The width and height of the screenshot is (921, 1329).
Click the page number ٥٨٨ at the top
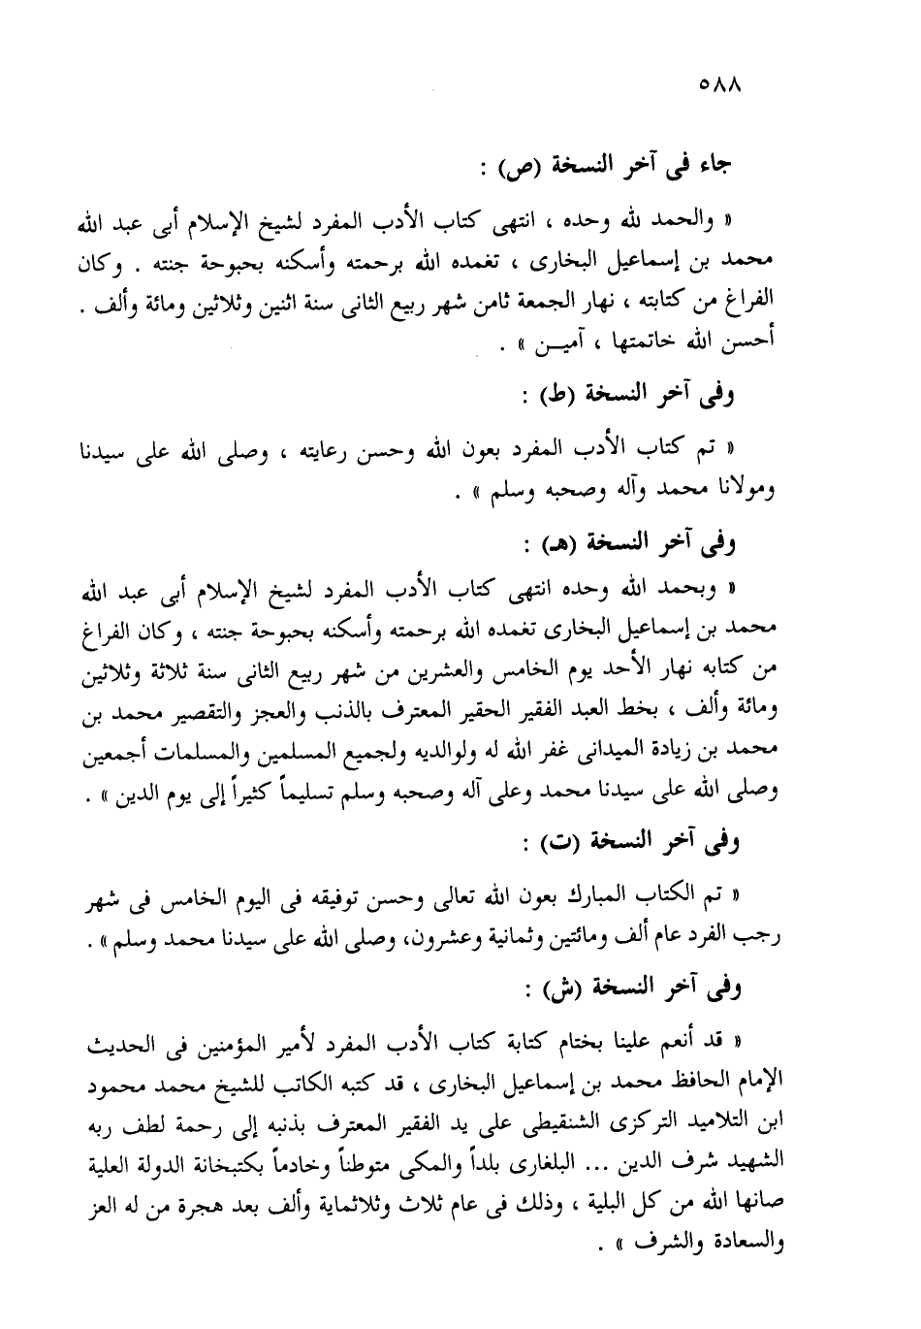coord(718,85)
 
